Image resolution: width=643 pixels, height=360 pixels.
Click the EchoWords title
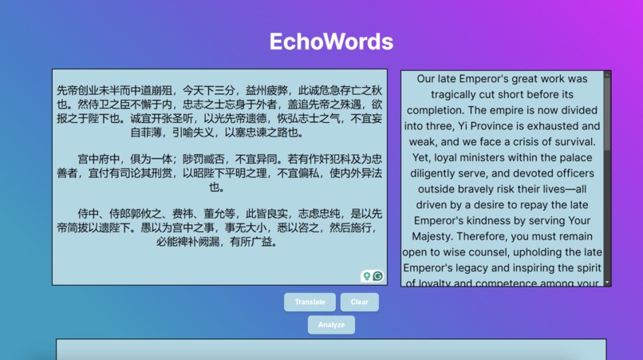point(331,42)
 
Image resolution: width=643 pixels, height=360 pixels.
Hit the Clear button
point(359,303)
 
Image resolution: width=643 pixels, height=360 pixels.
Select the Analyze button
point(331,325)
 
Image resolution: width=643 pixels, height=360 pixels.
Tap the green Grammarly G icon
point(378,276)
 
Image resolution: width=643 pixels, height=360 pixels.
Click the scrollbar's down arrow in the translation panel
point(607,282)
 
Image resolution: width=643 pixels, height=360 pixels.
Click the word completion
point(436,110)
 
